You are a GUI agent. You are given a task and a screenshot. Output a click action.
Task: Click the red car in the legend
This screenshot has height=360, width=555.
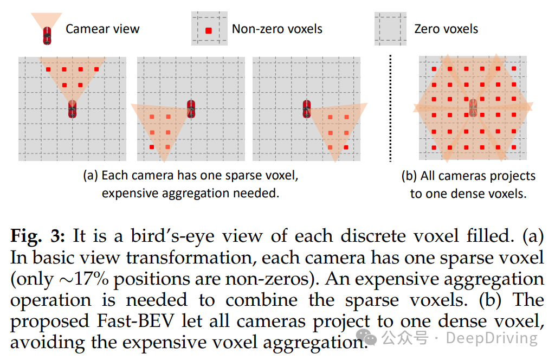click(x=47, y=36)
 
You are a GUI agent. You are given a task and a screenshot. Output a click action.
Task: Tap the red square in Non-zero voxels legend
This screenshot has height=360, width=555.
click(x=209, y=31)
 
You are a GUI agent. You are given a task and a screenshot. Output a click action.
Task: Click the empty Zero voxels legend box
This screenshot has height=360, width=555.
click(x=390, y=29)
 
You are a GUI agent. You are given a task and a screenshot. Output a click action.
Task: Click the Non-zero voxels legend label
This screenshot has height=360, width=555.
click(x=277, y=29)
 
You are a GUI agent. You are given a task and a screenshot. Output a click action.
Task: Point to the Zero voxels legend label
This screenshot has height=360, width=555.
click(x=446, y=29)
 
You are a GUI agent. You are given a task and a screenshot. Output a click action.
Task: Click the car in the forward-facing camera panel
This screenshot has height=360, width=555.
click(x=72, y=108)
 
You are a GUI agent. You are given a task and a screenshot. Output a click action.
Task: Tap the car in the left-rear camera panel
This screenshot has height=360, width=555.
click(x=191, y=108)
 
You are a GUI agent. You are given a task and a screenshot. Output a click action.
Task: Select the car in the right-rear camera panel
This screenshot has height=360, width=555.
click(x=307, y=108)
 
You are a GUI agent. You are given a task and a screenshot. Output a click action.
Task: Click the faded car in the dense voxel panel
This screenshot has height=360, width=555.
click(x=473, y=107)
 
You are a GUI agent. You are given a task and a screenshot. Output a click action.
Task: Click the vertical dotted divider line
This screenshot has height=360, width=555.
click(x=390, y=108)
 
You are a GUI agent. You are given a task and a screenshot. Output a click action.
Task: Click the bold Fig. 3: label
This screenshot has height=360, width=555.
click(x=38, y=236)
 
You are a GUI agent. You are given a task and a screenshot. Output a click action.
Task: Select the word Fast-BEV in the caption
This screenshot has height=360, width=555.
click(x=135, y=321)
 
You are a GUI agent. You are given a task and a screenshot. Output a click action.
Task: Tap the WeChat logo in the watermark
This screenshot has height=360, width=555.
click(x=366, y=337)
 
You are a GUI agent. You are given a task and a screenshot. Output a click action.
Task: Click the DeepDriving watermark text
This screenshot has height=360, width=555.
click(x=492, y=338)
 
